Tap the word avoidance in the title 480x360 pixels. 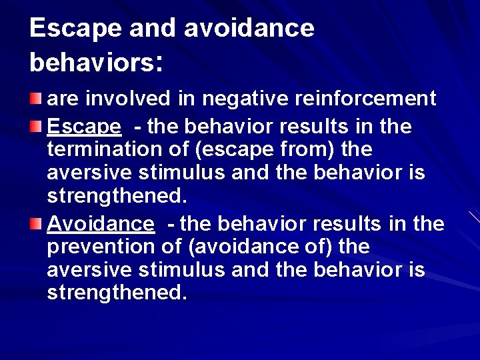tap(248, 28)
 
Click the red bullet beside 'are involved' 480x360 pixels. tap(35, 99)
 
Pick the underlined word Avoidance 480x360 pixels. tap(101, 222)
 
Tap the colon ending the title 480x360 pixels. tap(158, 64)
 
